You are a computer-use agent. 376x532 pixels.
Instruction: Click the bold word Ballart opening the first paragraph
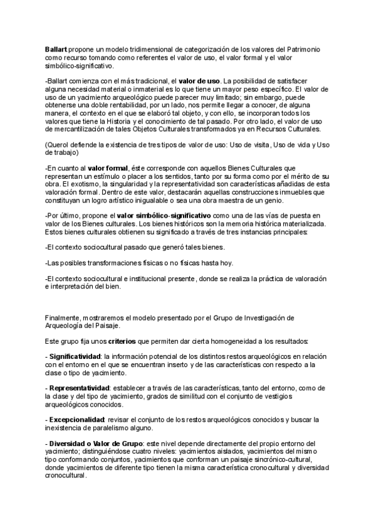[56, 49]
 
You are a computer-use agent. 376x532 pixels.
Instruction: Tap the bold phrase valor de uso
[199, 81]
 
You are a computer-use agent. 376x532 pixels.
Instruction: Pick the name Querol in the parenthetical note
[60, 146]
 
